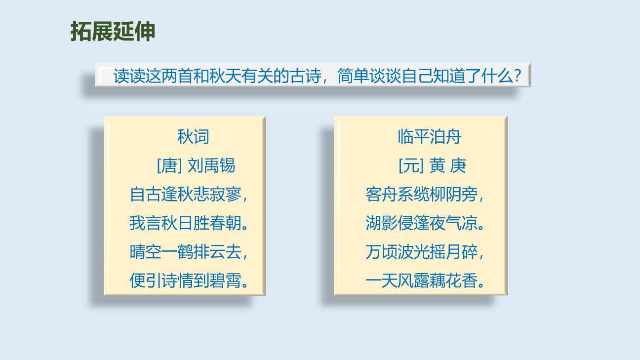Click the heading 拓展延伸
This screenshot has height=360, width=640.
(113, 31)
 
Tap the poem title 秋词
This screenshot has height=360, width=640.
(193, 137)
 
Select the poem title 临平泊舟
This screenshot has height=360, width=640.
(429, 137)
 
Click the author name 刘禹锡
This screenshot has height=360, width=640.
(211, 165)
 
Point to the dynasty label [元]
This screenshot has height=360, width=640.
(411, 165)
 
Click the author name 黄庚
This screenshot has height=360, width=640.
(447, 165)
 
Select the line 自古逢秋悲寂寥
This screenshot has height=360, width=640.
(186, 194)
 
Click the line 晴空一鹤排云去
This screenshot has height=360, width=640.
(186, 252)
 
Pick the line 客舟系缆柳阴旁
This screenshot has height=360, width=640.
(422, 194)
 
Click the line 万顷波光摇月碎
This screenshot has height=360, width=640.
(422, 252)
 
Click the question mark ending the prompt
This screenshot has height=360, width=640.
(518, 76)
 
